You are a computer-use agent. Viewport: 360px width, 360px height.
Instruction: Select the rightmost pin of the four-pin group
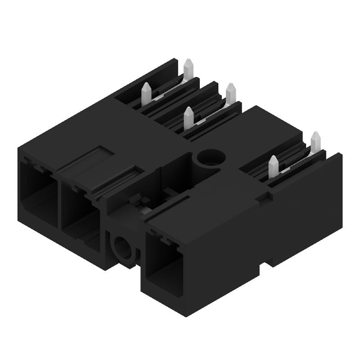click(231, 93)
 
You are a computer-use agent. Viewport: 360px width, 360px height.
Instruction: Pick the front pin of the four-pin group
click(189, 118)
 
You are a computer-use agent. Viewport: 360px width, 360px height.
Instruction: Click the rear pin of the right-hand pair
click(315, 141)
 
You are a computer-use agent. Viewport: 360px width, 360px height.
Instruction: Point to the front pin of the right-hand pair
click(273, 166)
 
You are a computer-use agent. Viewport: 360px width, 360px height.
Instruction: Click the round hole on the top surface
click(211, 158)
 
